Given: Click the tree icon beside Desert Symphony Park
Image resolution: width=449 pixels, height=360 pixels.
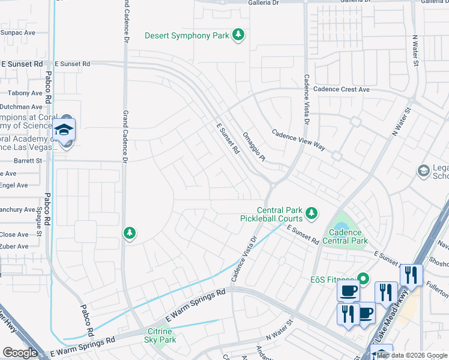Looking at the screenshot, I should click(239, 35).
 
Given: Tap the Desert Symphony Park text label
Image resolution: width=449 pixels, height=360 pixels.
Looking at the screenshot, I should click(187, 36).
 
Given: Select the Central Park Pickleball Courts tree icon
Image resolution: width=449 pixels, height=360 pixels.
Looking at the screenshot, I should click(311, 212).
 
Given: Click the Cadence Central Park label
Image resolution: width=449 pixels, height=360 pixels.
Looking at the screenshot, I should click(345, 236).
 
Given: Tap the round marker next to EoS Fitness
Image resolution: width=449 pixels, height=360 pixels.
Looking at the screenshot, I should click(362, 278).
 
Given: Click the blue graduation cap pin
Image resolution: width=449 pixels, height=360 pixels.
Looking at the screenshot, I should click(64, 130).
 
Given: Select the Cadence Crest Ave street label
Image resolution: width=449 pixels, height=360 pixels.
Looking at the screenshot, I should click(342, 89).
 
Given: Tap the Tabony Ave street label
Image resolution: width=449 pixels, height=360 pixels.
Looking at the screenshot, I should click(25, 93).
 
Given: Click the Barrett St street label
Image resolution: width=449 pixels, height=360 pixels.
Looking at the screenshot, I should click(28, 161).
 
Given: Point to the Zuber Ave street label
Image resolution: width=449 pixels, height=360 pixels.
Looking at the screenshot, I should click(14, 246).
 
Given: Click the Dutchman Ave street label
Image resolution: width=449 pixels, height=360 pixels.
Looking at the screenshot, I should click(22, 104).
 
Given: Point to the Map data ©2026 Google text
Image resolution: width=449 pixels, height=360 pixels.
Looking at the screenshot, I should click(412, 355).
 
